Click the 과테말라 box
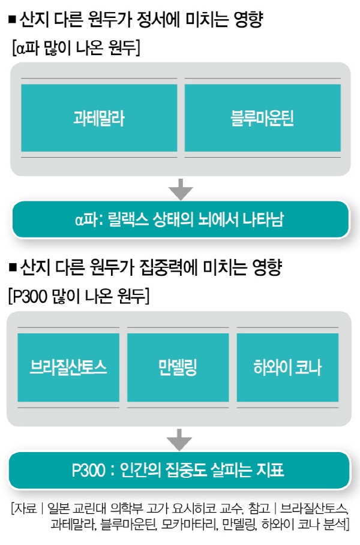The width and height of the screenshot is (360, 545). tap(99, 118)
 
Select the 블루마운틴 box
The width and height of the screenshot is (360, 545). tap(263, 118)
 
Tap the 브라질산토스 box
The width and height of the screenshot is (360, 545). tap(68, 368)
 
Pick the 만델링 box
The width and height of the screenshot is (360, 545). tap(178, 368)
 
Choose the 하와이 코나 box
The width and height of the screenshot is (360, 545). tap(287, 368)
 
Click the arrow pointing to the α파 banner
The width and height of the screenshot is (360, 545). tap(181, 189)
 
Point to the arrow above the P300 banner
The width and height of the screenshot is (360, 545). tap(179, 439)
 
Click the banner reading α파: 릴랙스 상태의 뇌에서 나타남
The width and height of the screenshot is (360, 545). tap(181, 219)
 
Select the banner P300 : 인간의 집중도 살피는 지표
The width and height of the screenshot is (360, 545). tap(179, 470)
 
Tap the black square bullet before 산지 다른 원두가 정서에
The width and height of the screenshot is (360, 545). tap(12, 19)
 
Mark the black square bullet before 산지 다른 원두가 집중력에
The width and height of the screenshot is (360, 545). tap(13, 267)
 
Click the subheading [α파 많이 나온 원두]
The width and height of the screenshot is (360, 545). tap(76, 47)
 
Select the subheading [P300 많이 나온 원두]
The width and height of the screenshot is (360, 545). tap(79, 297)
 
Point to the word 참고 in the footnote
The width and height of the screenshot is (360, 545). tap(259, 508)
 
